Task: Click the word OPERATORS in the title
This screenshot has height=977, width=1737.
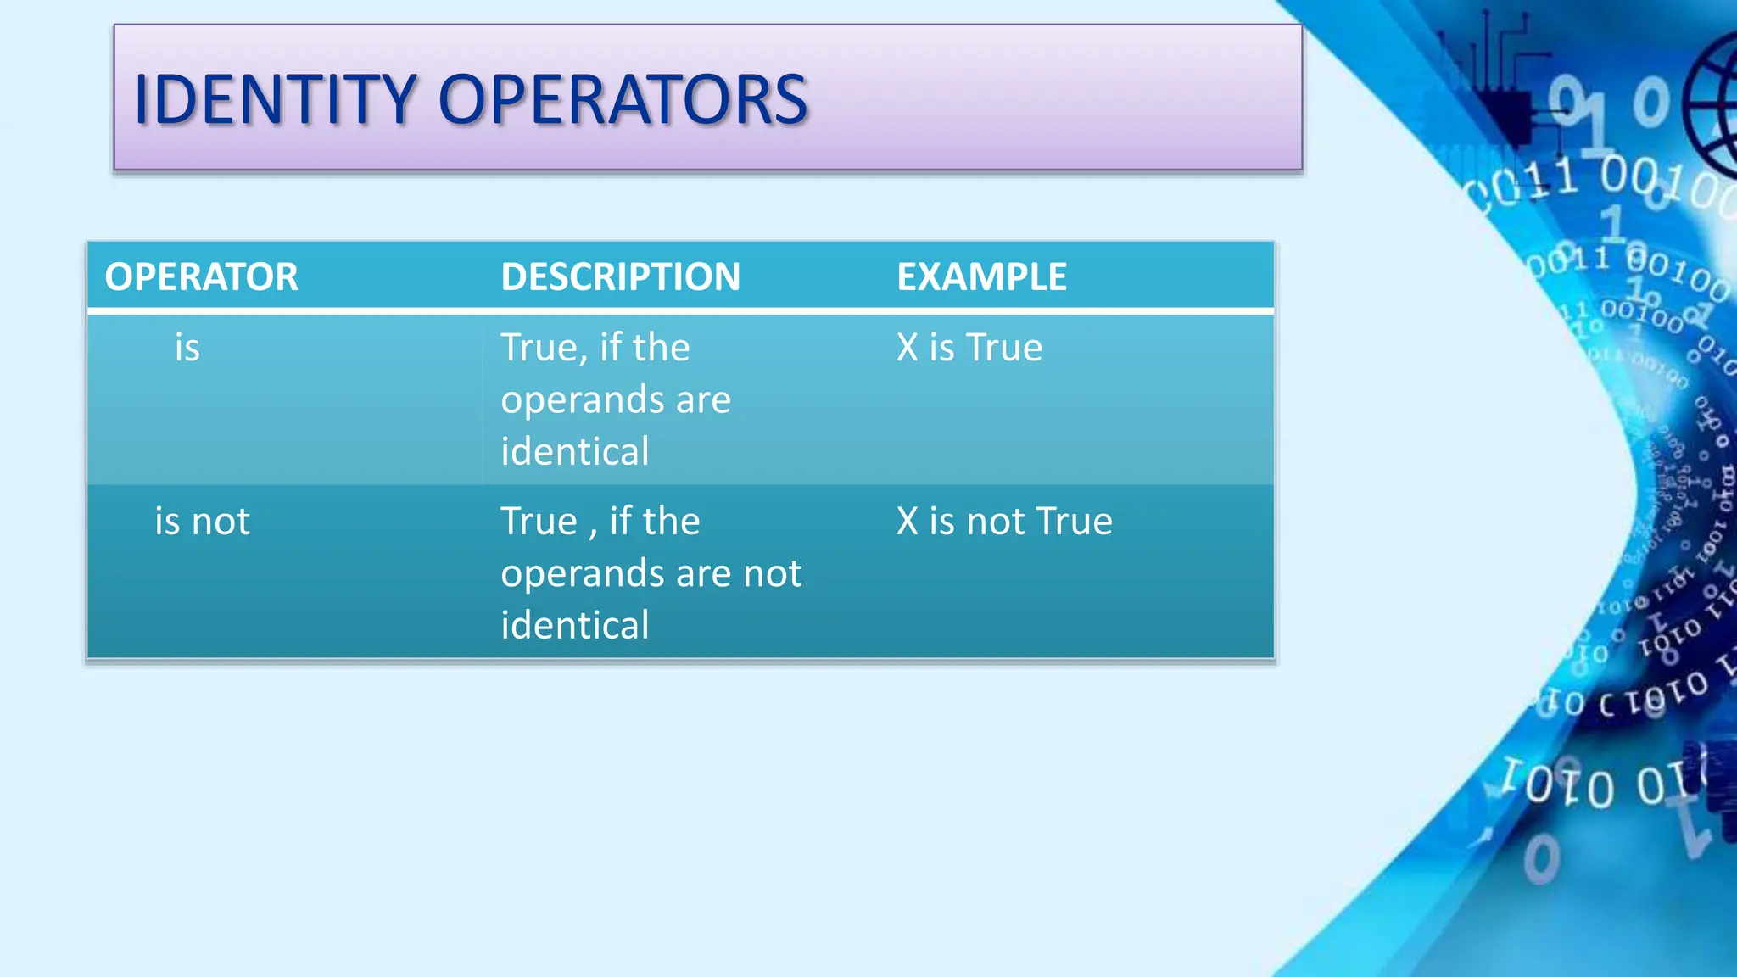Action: (623, 100)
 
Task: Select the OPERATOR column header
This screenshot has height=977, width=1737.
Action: (201, 277)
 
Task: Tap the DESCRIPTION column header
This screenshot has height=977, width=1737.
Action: (620, 277)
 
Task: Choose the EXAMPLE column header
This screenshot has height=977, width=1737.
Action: (981, 277)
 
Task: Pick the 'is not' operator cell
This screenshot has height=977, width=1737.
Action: (202, 522)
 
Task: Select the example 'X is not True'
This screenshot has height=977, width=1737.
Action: (1004, 522)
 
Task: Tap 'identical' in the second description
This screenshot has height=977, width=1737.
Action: (574, 626)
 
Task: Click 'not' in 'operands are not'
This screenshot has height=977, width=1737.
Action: (772, 574)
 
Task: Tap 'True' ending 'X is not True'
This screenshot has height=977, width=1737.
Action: (1074, 522)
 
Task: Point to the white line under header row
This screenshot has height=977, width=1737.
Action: (679, 311)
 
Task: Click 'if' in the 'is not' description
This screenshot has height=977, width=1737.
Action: (621, 522)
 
